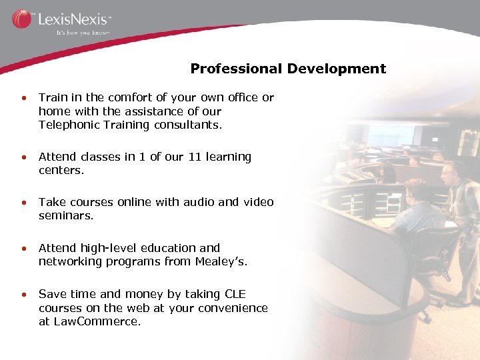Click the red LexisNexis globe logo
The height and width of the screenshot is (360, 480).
pos(21,19)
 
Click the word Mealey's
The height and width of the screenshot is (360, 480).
pos(221,261)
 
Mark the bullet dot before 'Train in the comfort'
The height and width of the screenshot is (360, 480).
pos(23,98)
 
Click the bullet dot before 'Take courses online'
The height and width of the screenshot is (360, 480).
pos(23,203)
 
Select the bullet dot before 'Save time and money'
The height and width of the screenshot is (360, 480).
pos(23,295)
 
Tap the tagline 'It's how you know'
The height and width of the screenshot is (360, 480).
pos(82,32)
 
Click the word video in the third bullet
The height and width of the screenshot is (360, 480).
pos(259,202)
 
